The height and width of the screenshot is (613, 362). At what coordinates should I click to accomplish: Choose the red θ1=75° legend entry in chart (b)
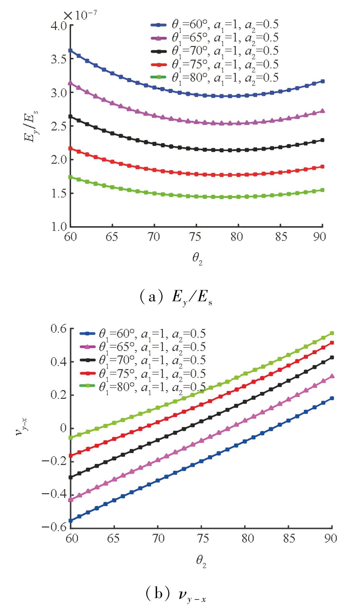tap(143, 373)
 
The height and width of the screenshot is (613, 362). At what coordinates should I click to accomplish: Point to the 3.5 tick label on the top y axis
tap(58, 59)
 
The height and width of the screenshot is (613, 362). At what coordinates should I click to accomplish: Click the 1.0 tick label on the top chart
tap(58, 227)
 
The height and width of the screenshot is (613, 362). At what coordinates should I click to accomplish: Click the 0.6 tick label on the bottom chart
tap(58, 329)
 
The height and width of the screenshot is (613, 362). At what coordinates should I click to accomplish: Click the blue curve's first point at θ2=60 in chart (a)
tap(70, 51)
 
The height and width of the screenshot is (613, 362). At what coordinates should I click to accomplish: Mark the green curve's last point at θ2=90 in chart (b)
tap(332, 333)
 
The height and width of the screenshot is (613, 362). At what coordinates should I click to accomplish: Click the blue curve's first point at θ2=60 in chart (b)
tap(71, 521)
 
